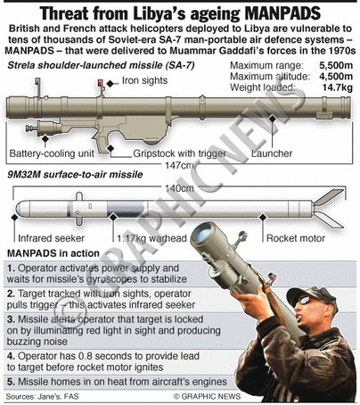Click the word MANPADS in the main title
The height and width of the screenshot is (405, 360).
point(282,13)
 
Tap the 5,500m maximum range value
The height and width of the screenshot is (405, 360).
point(336,65)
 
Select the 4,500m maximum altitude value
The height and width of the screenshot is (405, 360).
point(336,77)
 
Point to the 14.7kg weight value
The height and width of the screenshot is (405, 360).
point(338,87)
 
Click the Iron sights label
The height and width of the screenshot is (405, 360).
point(144,80)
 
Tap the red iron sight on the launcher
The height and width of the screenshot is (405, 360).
point(100,83)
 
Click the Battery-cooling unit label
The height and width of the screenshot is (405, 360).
point(52,153)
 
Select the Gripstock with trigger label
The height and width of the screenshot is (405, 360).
point(179,153)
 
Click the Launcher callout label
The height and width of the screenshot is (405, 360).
point(272,153)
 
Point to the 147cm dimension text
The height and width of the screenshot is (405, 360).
point(179,165)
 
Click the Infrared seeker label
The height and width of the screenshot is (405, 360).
point(51,238)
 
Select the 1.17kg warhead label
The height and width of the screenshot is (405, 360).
point(151,238)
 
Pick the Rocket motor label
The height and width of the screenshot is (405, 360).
point(296,238)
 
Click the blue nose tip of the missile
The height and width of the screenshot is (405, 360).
point(18,208)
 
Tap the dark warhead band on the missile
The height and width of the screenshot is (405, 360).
point(126,208)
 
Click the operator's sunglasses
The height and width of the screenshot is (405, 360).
point(306,301)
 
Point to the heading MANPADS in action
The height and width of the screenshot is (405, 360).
point(53,253)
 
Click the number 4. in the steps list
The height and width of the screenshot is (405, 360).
point(11,356)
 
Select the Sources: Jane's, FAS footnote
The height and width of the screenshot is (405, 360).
point(42,397)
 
